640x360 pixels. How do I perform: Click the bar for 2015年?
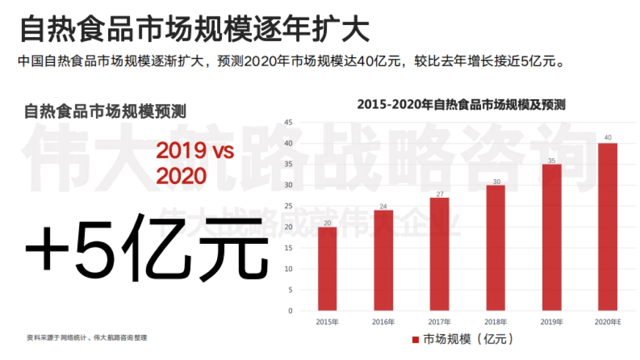[x=327, y=269]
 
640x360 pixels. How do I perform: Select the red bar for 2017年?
[x=440, y=254]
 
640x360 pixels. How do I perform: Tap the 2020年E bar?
[x=607, y=227]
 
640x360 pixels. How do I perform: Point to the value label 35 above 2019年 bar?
[x=551, y=159]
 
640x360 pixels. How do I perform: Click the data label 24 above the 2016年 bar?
[x=383, y=205]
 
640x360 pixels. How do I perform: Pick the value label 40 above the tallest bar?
[x=607, y=138]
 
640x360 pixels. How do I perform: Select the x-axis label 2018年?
[x=495, y=322]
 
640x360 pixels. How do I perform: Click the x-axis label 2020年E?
[x=608, y=322]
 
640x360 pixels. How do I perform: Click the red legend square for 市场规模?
[x=415, y=340]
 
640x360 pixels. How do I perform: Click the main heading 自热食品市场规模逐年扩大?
[x=194, y=30]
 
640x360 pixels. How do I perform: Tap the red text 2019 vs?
[x=195, y=151]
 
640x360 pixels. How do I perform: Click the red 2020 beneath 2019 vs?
[x=181, y=175]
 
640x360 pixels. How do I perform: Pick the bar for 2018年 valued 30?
[x=495, y=248]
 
